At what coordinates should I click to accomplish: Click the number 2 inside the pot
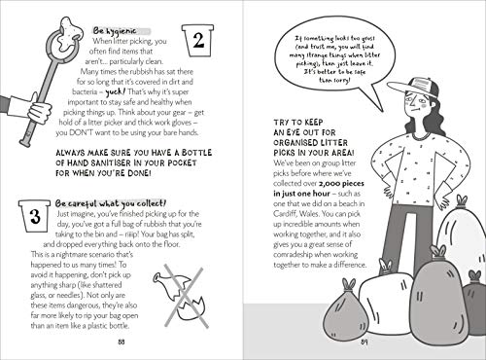pos(198,41)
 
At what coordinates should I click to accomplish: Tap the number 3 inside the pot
pos(35,217)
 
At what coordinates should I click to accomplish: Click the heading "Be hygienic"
pos(115,31)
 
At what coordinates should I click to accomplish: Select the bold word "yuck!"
pos(115,92)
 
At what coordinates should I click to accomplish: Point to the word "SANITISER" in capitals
pos(108,162)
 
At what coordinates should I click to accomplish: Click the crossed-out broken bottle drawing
pos(182,296)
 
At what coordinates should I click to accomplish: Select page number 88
pos(121,342)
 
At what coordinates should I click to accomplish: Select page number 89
pos(364,342)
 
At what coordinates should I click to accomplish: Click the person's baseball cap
pos(414,88)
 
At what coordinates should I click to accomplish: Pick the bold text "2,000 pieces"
pos(341,184)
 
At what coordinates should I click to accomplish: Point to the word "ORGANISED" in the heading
pos(295,143)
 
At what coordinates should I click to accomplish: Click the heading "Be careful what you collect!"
pos(111,203)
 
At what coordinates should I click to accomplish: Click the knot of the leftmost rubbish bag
pos(348,284)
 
